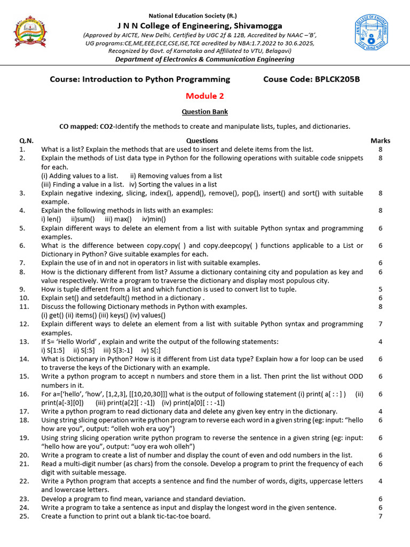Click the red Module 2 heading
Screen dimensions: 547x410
click(204, 96)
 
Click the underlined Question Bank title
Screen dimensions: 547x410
click(204, 112)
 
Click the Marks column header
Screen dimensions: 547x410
click(380, 140)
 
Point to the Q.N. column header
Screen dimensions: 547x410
click(26, 140)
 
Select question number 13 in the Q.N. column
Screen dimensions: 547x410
click(24, 341)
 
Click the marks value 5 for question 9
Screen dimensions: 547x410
click(380, 289)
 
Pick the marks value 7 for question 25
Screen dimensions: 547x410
click(380, 516)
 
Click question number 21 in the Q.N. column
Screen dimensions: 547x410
click(24, 464)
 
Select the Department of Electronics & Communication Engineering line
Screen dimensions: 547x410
click(204, 59)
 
